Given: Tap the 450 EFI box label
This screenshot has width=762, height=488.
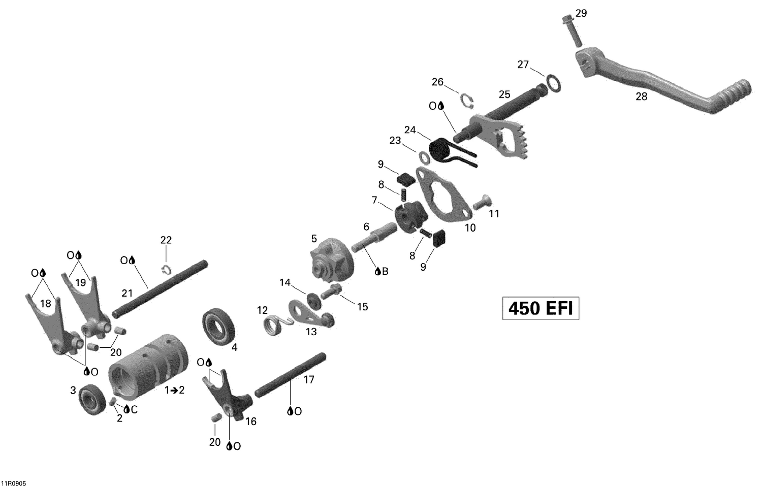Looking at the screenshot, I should (541, 308).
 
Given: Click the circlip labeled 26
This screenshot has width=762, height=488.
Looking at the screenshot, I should (467, 101).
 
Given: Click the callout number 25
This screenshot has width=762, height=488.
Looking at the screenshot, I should (504, 94).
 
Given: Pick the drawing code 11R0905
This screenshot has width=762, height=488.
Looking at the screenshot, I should (14, 483).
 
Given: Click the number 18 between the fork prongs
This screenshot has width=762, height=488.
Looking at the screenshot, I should (46, 304).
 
